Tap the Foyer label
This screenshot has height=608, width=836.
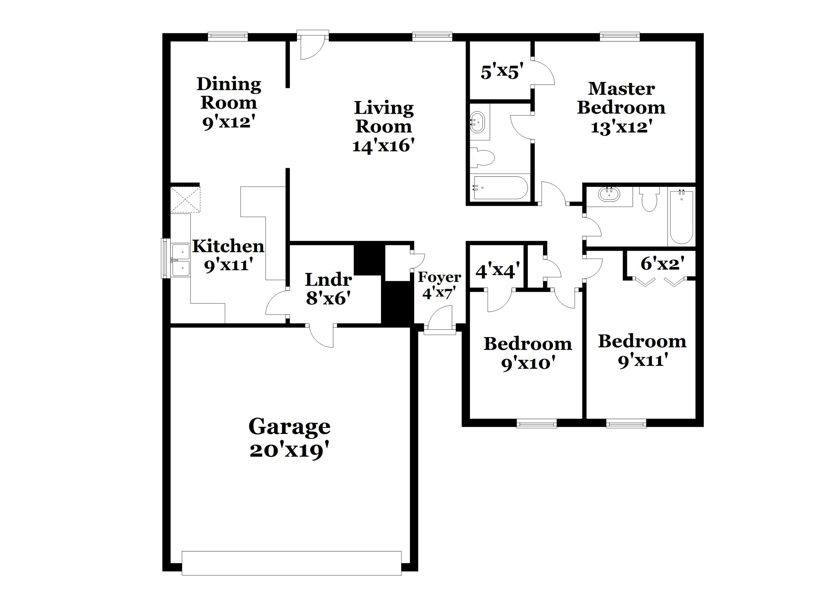point(439,277)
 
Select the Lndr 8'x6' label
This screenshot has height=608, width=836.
point(328,289)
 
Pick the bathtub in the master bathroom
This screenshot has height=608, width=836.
point(500,188)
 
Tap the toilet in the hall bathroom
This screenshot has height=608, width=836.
point(649,199)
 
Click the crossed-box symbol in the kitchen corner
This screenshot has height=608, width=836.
point(185,199)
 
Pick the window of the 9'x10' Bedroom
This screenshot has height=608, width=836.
point(536,424)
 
